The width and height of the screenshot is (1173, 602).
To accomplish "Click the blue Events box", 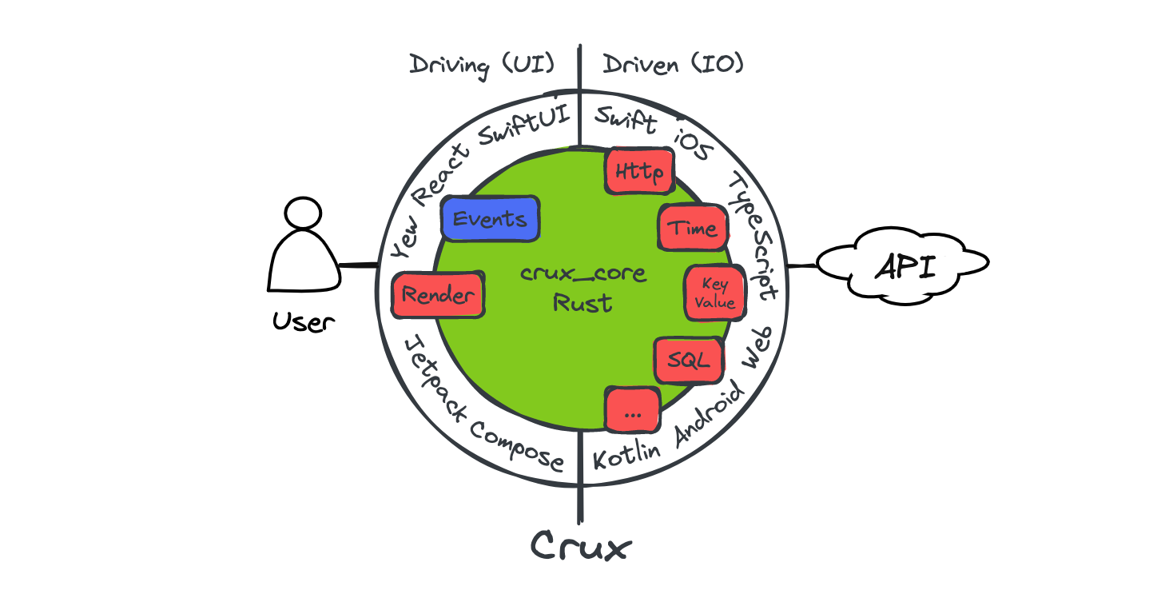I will tap(490, 219).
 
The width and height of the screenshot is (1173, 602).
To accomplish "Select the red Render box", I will tap(438, 295).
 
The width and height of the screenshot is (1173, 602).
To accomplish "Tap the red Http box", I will tap(639, 171).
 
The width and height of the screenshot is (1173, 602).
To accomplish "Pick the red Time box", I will tap(692, 228).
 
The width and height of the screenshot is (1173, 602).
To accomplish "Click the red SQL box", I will tap(688, 361).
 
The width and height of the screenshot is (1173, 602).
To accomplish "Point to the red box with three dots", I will tap(633, 409).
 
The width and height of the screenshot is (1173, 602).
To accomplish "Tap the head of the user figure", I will tap(303, 213).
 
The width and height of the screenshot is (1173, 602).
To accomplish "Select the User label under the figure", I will tap(303, 322).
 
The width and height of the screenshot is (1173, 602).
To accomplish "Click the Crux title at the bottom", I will tap(581, 547).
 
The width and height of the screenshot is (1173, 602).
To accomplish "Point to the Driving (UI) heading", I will tap(482, 65).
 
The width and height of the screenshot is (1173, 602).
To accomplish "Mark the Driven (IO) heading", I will tap(673, 64).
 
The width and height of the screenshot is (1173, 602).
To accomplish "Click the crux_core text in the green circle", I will tap(583, 274).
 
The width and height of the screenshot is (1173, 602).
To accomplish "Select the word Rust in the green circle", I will tap(583, 304).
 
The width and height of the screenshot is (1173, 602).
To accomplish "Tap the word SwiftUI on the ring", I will tap(523, 127).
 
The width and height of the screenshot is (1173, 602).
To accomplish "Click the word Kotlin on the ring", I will tap(627, 456).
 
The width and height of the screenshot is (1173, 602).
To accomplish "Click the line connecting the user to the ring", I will tap(359, 265).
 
